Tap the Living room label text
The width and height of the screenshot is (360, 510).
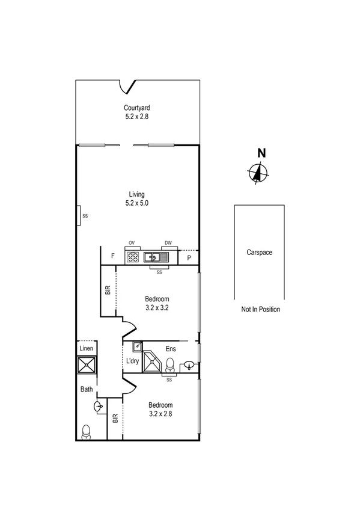tap(136, 194)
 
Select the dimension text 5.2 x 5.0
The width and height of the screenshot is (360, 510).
tap(136, 203)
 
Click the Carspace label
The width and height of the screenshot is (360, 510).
tap(259, 253)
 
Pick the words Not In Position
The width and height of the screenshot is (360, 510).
tap(260, 310)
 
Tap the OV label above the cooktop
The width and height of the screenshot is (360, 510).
tap(131, 243)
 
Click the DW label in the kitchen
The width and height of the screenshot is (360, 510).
tap(168, 243)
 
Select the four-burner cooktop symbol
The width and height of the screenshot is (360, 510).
tap(133, 257)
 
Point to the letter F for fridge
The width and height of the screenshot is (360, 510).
tap(112, 257)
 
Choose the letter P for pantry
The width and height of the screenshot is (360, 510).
tap(189, 257)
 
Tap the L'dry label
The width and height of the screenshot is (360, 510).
tap(132, 361)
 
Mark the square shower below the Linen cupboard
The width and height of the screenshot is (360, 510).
tap(85, 367)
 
